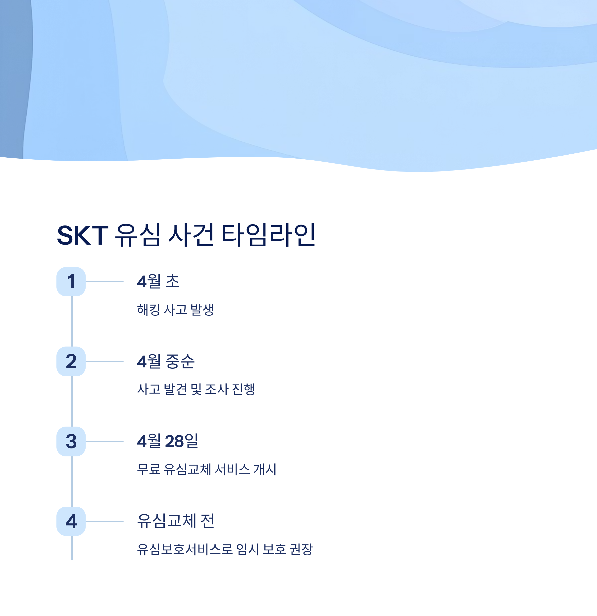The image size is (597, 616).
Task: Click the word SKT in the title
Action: tap(82, 235)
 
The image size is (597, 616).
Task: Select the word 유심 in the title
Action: tap(138, 235)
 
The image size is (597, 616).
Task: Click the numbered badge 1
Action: tap(71, 282)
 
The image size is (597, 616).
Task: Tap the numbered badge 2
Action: tap(71, 361)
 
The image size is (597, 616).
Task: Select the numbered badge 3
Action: tap(71, 441)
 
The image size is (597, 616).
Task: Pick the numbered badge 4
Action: tap(71, 521)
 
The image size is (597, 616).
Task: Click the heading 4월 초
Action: tap(158, 281)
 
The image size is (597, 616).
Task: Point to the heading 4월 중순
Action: tap(166, 361)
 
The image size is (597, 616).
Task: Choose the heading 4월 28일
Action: tap(167, 441)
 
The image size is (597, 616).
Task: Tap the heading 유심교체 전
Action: tap(176, 521)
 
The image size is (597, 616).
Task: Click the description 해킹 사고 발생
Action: tap(175, 309)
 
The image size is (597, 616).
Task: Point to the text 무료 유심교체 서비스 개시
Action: tap(206, 470)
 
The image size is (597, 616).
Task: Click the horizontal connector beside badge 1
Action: tap(104, 282)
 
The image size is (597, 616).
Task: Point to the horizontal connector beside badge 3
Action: tap(104, 441)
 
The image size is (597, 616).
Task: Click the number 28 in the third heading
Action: tap(174, 441)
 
